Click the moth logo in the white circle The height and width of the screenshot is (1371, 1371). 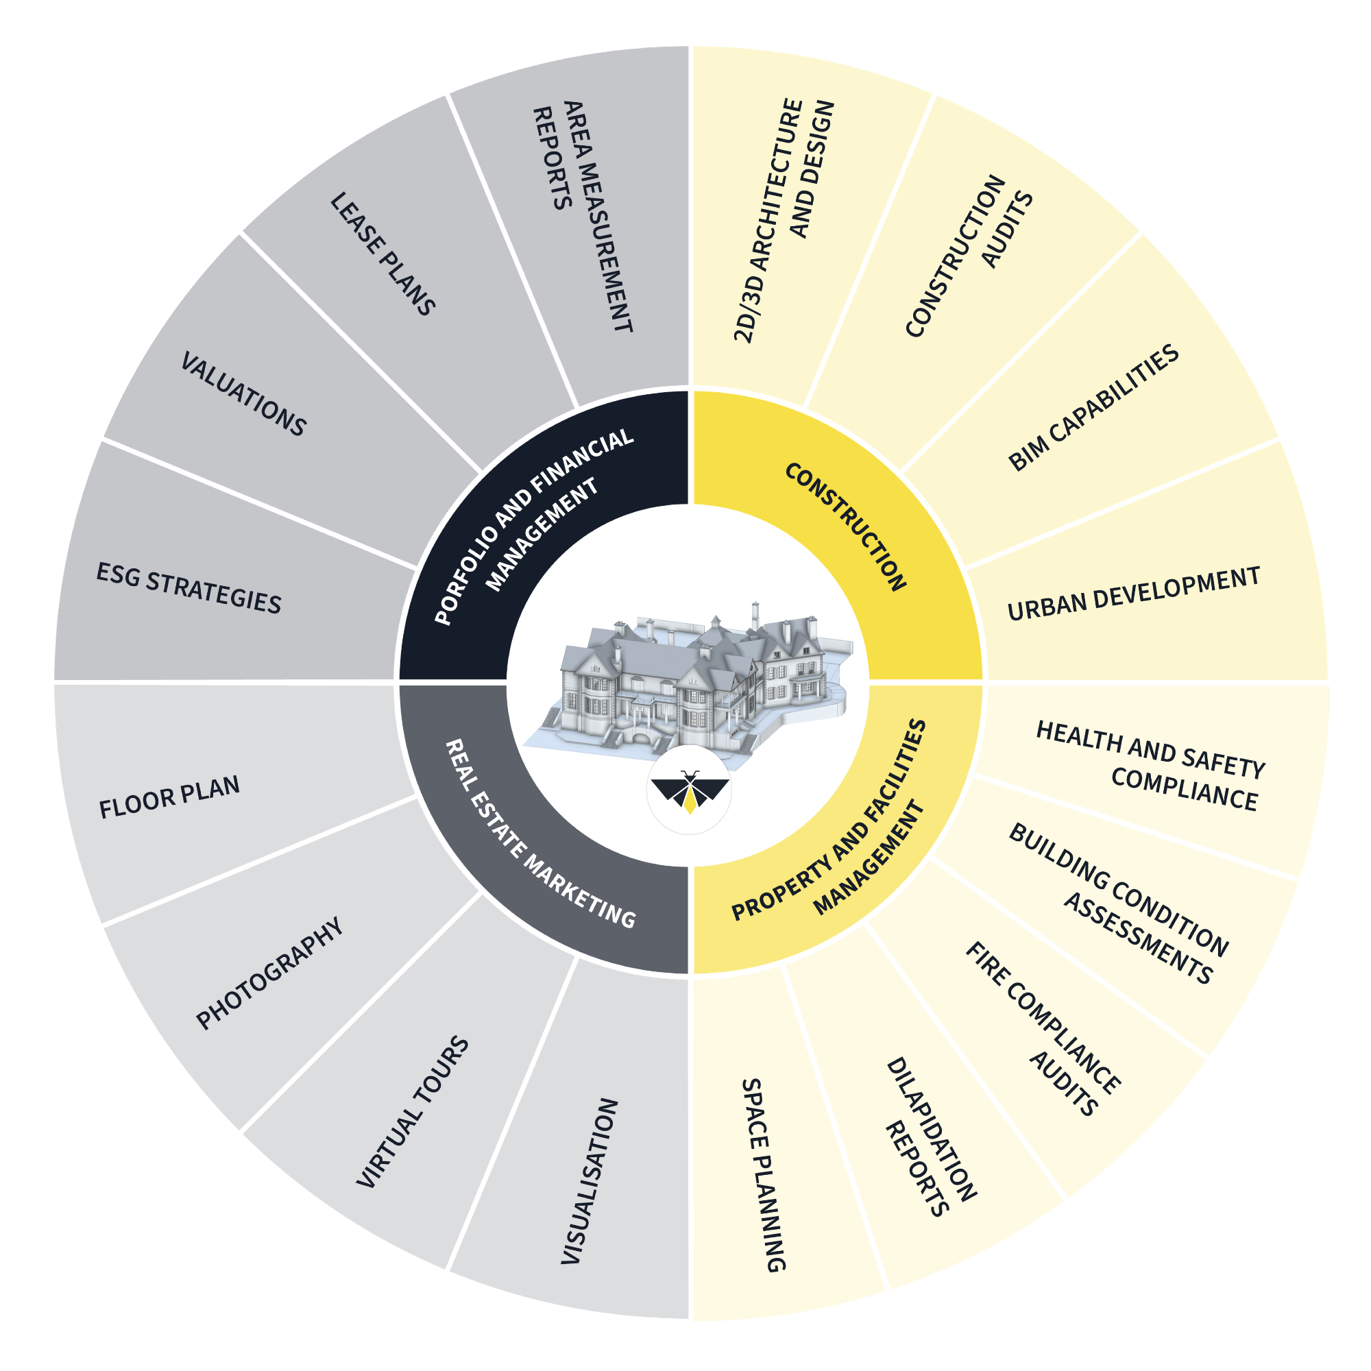click(x=689, y=790)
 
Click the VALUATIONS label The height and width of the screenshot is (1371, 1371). click(x=243, y=394)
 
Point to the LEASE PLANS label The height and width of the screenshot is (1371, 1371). click(x=383, y=254)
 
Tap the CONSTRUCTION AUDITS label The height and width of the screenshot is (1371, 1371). click(x=969, y=255)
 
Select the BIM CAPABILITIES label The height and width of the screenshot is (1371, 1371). click(x=1093, y=408)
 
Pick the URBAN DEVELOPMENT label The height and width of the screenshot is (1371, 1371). click(x=1133, y=594)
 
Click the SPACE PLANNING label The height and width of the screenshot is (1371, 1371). click(x=764, y=1175)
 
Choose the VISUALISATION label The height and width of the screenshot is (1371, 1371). click(x=590, y=1181)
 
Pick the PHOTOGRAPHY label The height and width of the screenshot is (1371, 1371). click(x=269, y=973)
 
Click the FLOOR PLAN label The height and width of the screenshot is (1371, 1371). click(x=169, y=798)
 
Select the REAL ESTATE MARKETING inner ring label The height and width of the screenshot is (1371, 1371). click(x=539, y=834)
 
